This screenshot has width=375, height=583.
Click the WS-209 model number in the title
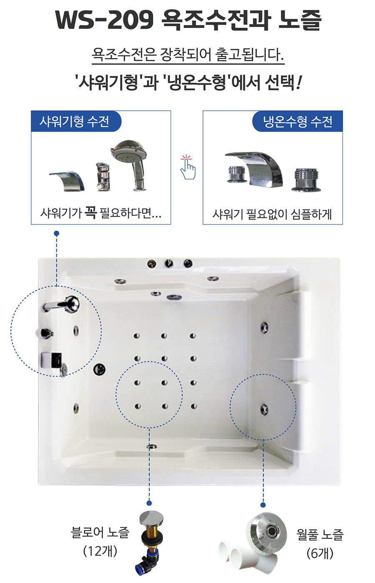pyautogui.click(x=104, y=20)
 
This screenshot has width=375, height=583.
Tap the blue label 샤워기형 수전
pyautogui.click(x=75, y=121)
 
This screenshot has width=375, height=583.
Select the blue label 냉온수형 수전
pyautogui.click(x=297, y=121)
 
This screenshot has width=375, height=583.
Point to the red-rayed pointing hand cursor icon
pyautogui.click(x=187, y=167)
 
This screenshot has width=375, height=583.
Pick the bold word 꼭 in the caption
pyautogui.click(x=91, y=212)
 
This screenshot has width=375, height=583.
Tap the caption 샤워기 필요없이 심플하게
pyautogui.click(x=272, y=214)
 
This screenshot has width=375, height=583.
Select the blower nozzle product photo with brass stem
pyautogui.click(x=151, y=543)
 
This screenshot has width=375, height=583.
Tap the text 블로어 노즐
pyautogui.click(x=100, y=532)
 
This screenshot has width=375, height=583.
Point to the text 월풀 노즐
pyautogui.click(x=320, y=535)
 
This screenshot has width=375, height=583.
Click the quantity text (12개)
pyautogui.click(x=100, y=551)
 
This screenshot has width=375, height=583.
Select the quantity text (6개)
pyautogui.click(x=320, y=553)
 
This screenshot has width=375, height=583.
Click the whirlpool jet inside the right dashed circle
pyautogui.click(x=264, y=409)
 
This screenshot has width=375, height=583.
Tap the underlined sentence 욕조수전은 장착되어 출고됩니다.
pyautogui.click(x=188, y=55)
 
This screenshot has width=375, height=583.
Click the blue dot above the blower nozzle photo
pyautogui.click(x=149, y=503)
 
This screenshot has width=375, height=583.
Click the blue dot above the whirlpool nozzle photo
pyautogui.click(x=263, y=505)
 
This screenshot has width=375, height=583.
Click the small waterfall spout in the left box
pyautogui.click(x=67, y=181)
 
